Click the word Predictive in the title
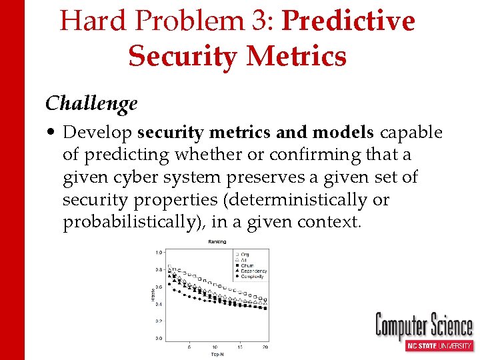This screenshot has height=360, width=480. coord(349,22)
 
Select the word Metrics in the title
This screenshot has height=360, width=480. coord(296,56)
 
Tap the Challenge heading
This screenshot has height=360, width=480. coord(91,104)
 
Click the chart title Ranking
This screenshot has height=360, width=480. coord(217,241)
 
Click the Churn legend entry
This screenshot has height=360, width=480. coord(247,265)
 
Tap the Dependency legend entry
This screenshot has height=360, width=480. coord(253,271)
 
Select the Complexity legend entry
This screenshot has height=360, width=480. coord(252,276)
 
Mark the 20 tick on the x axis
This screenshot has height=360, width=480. coord(265,347)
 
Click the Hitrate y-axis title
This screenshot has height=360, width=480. coord(153,295)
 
